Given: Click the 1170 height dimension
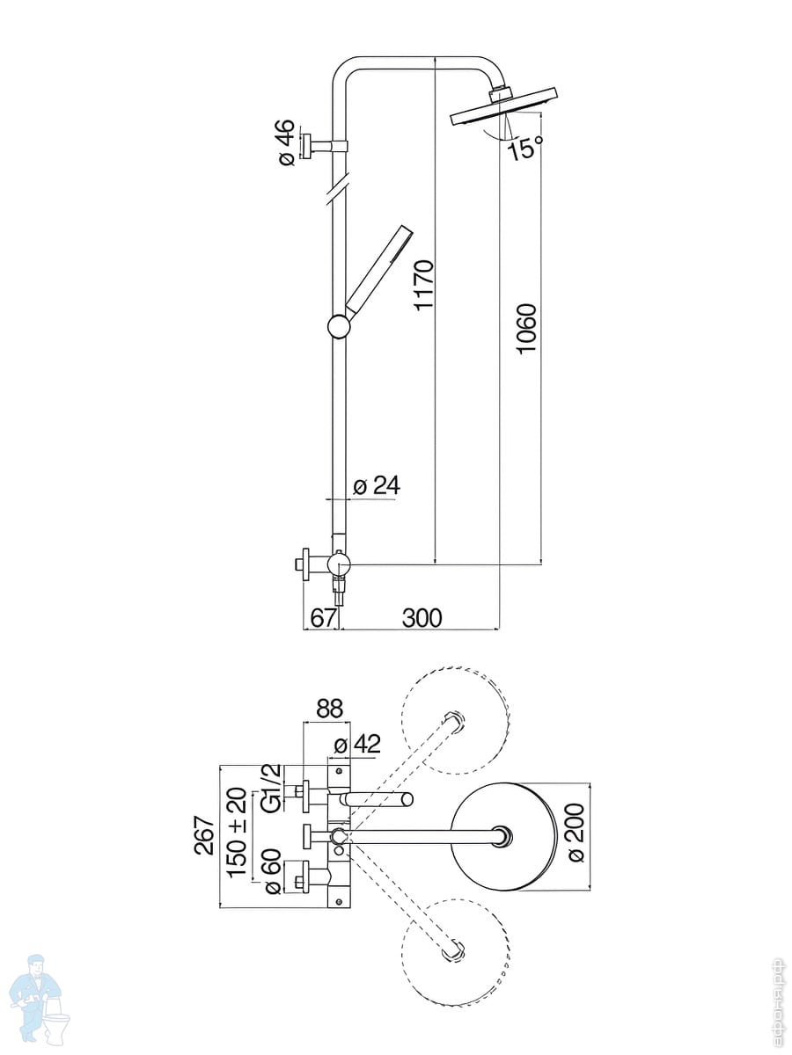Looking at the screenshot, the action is click(425, 286).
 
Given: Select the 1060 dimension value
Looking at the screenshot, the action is click(526, 328).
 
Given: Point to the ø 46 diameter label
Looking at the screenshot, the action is click(286, 142).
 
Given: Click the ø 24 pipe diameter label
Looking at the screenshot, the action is click(377, 486).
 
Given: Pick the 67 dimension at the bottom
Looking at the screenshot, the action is click(322, 618).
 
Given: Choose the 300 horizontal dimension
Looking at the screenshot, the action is click(422, 618).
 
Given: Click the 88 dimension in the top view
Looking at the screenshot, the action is click(330, 709).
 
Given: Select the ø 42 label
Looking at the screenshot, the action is click(357, 745).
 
